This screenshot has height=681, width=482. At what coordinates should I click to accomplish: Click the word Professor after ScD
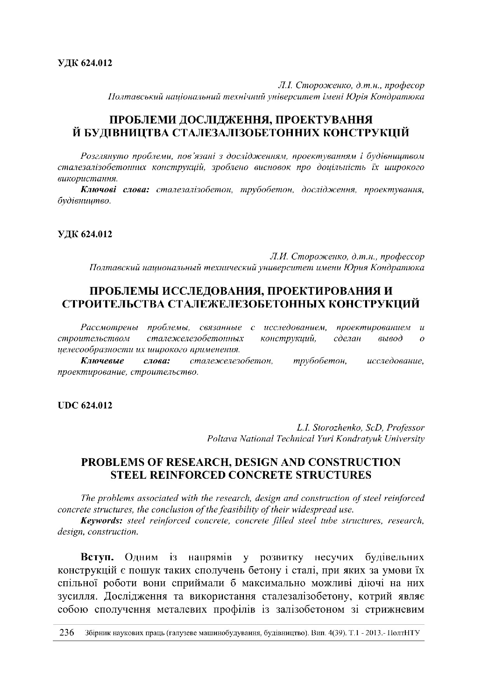405,428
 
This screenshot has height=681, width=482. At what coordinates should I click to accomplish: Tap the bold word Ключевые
103,361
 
